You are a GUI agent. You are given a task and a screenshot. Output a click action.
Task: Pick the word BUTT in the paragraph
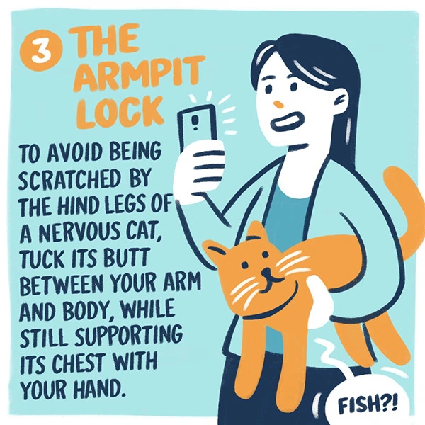point(127,258)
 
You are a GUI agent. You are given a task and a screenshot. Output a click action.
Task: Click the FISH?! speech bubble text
point(368,407)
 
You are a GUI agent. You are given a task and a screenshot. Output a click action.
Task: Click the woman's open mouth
point(287,121)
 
